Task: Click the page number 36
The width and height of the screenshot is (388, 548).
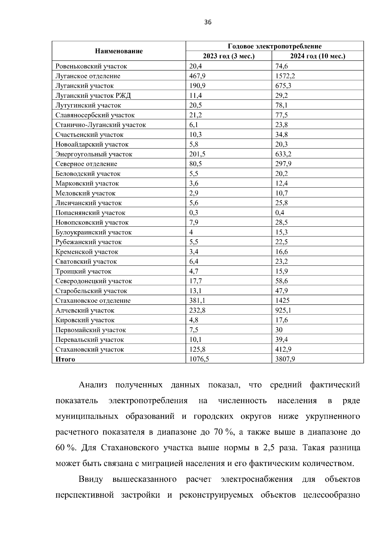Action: pos(208,22)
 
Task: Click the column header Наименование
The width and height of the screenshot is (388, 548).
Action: pos(119,51)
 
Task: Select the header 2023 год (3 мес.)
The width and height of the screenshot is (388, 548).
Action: pos(229,56)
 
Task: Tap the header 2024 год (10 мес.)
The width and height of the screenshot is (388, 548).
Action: pos(318,56)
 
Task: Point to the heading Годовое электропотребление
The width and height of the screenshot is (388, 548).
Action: pos(275,46)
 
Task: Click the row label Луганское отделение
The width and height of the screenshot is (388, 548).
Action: pos(88,76)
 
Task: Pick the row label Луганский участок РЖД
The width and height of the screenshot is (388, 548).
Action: pos(93,96)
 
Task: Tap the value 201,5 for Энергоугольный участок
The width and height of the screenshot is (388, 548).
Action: pos(197,154)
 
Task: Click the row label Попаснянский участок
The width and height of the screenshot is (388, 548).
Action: pos(90,213)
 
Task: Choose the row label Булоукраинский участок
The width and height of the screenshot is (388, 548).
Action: pos(93,232)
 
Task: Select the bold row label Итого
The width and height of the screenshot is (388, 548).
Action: pos(65,359)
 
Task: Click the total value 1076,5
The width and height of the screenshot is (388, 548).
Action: pos(199,359)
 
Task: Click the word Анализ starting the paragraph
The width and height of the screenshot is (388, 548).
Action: pos(93,385)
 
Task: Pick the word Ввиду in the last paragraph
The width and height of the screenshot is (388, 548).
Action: pos(91,479)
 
